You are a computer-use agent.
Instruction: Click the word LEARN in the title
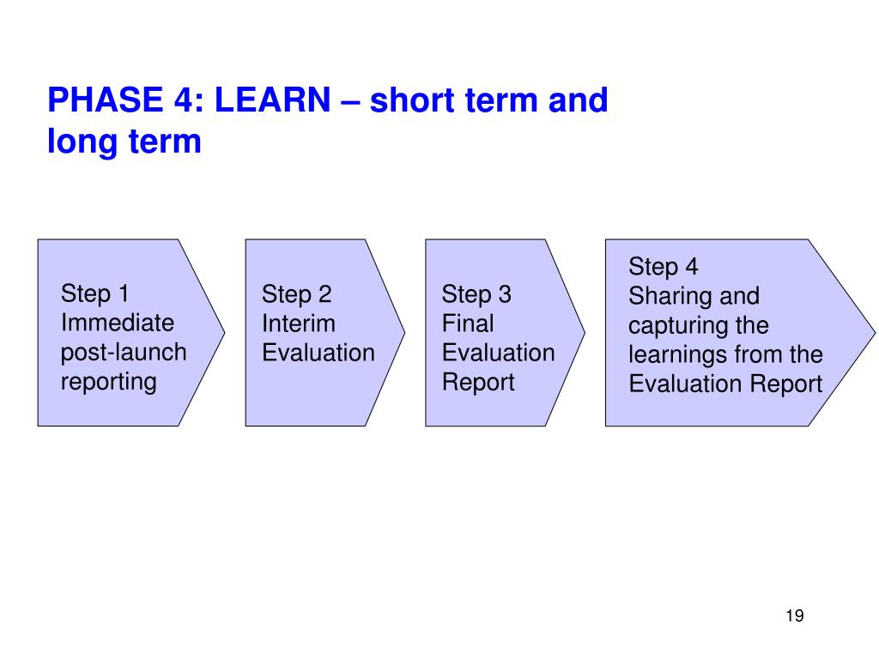coord(272,100)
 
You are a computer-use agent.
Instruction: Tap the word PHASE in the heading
coord(106,100)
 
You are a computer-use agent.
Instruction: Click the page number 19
coord(795,616)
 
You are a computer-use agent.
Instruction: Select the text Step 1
coord(94,293)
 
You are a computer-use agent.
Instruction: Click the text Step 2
coord(296,295)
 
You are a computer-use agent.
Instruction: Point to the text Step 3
coord(476,295)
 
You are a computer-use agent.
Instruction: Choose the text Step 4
coord(664,267)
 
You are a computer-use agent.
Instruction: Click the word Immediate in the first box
coord(118,323)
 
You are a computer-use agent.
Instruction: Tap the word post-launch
coord(124,353)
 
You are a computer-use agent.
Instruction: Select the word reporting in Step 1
coord(109,382)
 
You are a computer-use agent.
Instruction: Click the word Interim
coord(299,323)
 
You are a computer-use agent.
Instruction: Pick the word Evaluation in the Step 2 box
coord(318,353)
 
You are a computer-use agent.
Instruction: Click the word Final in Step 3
coord(468,323)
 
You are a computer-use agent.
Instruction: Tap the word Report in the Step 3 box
coord(478,382)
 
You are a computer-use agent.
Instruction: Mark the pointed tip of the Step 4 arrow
coord(875,333)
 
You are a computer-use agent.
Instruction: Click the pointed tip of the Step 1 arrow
coord(225,333)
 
